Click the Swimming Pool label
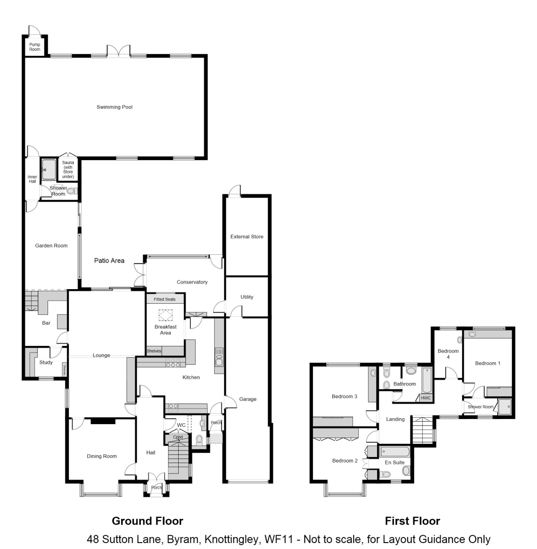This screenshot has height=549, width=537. coord(114,107)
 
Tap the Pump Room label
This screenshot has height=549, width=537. coord(35,47)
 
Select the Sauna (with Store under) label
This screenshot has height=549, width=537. coord(68,170)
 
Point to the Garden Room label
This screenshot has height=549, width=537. coord(51,246)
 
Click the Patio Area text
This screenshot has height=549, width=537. coord(109,260)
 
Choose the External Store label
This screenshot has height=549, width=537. coord(247,237)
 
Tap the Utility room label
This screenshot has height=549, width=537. coord(247,297)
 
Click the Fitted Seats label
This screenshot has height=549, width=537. coord(165,299)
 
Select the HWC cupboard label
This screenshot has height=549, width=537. coord(425,398)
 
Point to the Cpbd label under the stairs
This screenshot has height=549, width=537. coord(178,437)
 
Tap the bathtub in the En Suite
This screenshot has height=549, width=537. coord(395,452)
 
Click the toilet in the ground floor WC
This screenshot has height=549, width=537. coord(199,440)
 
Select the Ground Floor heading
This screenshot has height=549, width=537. coord(148,521)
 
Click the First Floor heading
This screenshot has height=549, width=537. coord(413,521)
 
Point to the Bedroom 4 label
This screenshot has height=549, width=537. coord(448,354)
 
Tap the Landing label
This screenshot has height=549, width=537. coord(395,419)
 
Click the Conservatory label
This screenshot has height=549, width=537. coord(192,282)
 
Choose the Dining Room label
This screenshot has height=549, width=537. coord(102,456)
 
